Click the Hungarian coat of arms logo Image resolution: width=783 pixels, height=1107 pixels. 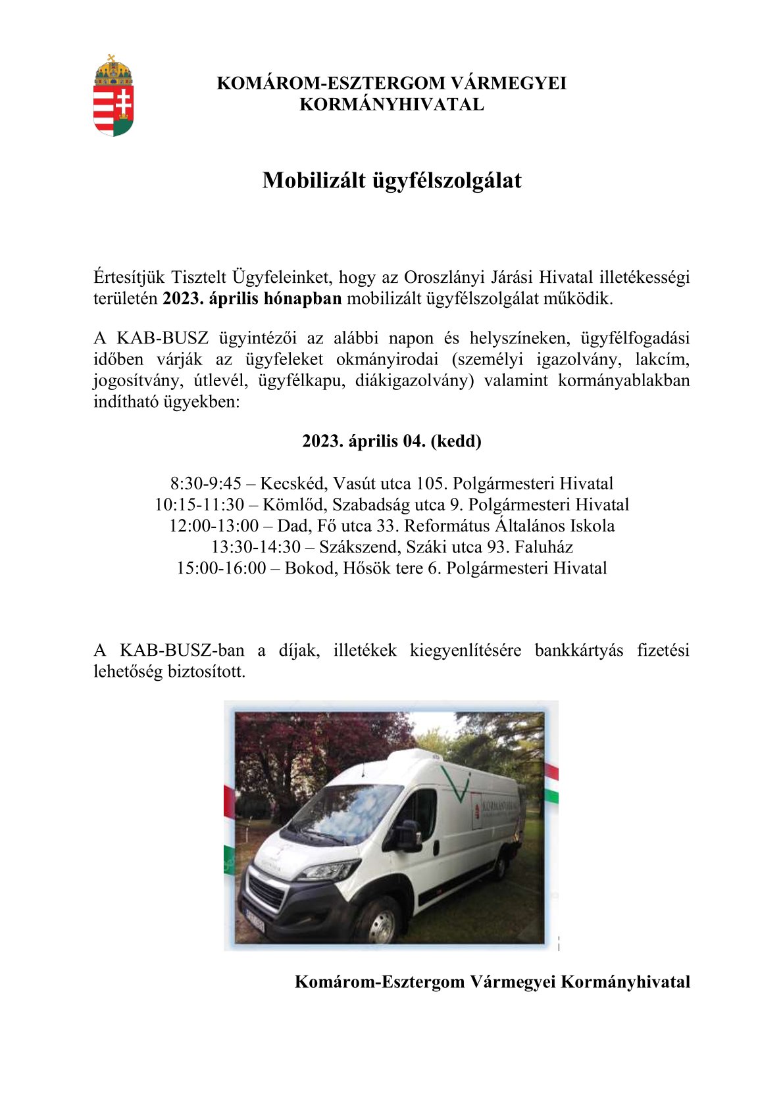point(113,96)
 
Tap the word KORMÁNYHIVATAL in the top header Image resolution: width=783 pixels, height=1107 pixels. point(391,105)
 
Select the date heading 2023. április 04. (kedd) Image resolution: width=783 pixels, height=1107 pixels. point(391,441)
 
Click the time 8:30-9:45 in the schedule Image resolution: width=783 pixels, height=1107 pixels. point(206,484)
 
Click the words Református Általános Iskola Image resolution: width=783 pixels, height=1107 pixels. point(509,526)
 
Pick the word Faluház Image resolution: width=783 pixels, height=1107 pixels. point(543,547)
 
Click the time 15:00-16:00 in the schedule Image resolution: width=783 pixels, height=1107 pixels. point(220,568)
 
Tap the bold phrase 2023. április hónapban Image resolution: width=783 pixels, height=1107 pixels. point(252,299)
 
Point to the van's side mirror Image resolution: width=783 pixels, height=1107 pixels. point(408,835)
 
